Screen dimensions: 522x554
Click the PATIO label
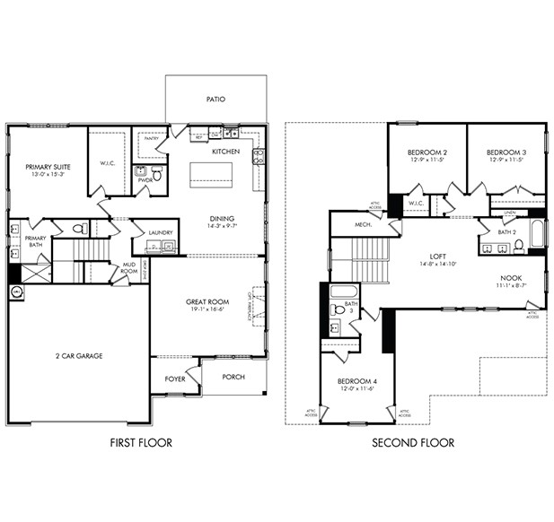215,100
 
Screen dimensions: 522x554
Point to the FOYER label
174,378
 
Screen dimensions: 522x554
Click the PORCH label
233,377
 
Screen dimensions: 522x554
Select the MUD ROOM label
128,266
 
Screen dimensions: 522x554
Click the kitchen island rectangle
210,173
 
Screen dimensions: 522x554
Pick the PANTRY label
151,138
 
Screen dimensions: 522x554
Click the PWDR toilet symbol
157,174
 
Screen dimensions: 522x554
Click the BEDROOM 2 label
427,152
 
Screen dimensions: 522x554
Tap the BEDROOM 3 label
506,152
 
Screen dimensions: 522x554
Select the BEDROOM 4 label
359,382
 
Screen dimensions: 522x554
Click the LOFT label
437,255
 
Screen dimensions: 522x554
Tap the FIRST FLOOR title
141,442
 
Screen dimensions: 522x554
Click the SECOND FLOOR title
413,442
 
